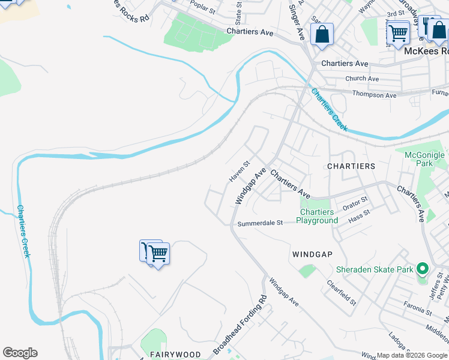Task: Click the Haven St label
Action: click(x=239, y=172)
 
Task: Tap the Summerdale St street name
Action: click(x=260, y=223)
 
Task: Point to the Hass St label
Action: click(x=360, y=216)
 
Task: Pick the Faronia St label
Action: click(x=418, y=311)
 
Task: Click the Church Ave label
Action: click(x=362, y=79)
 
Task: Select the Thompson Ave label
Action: click(x=375, y=95)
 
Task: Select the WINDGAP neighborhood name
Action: click(x=312, y=254)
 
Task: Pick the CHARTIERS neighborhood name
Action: click(x=351, y=166)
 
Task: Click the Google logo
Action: click(x=20, y=353)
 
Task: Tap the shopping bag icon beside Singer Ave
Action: click(x=322, y=35)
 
